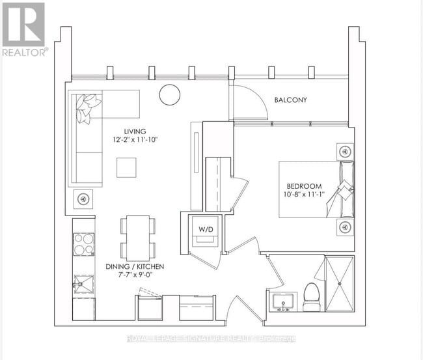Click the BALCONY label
(x=290, y=100)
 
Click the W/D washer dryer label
(x=205, y=228)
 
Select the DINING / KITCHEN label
(x=135, y=267)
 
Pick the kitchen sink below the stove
(x=83, y=285)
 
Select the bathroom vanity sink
(x=282, y=301)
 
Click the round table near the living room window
(x=171, y=95)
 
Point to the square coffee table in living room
(x=127, y=167)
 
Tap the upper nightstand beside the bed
(x=344, y=151)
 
